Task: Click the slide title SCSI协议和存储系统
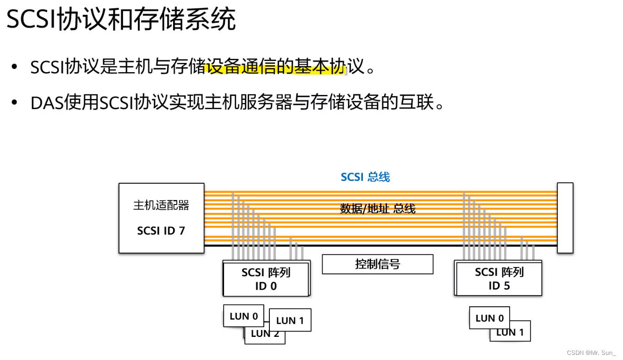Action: [x=121, y=20]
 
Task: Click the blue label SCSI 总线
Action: [x=365, y=177]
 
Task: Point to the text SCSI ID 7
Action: [x=161, y=230]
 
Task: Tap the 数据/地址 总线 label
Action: [x=378, y=209]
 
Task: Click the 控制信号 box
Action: [x=377, y=264]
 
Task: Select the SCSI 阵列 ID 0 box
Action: [x=266, y=279]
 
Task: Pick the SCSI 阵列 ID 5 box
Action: [x=499, y=279]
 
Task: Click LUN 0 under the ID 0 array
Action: [x=243, y=316]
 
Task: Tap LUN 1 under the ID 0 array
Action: [x=290, y=320]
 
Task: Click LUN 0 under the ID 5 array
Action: [x=489, y=318]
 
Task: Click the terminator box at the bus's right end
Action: [x=565, y=218]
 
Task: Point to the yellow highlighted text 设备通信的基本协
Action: [x=275, y=68]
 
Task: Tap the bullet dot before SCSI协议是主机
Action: [x=15, y=68]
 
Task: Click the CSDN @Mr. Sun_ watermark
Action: [x=591, y=353]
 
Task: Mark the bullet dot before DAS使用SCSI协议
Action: [x=15, y=103]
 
